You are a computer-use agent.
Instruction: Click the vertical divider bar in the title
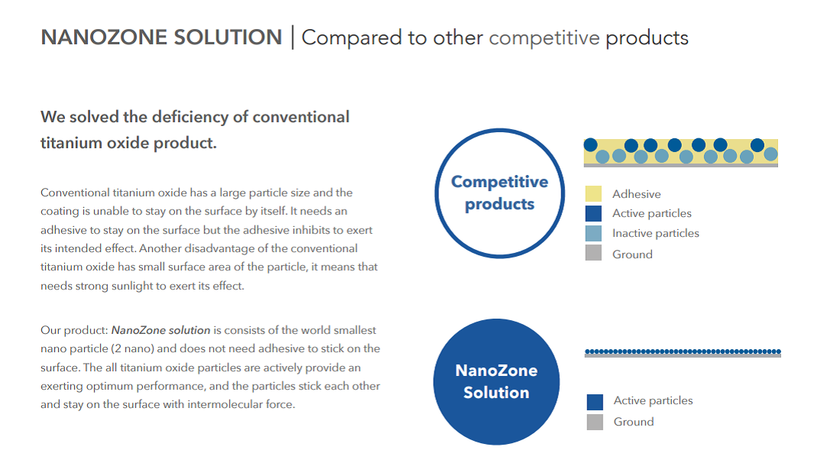292,37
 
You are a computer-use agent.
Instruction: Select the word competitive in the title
544,38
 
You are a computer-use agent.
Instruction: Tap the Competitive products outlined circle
499,130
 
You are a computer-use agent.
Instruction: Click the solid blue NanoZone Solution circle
496,381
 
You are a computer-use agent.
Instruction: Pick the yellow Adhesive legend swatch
593,193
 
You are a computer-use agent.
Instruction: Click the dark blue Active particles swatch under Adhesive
593,213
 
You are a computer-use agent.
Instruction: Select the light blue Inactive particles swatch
593,233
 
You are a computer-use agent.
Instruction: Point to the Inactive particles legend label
655,233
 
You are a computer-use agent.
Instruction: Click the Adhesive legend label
636,194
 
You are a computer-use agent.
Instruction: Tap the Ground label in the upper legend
632,254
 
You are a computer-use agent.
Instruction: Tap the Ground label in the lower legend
634,422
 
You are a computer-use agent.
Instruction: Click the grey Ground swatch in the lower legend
595,422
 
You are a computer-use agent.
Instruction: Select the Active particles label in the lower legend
653,400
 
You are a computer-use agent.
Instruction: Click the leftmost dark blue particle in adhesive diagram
591,144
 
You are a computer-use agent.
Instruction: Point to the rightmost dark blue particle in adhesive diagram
757,144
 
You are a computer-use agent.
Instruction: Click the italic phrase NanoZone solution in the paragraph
161,330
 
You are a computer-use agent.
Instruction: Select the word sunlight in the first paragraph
132,287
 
